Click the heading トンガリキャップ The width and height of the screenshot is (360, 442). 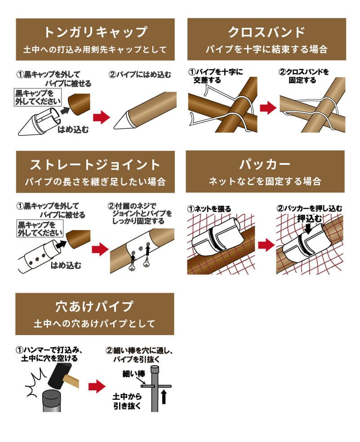pyautogui.click(x=95, y=32)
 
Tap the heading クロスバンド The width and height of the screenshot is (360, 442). pyautogui.click(x=267, y=32)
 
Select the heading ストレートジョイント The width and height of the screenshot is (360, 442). pyautogui.click(x=95, y=164)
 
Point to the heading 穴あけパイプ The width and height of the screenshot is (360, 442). pyautogui.click(x=94, y=306)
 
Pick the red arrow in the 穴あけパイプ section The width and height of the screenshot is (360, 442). pyautogui.click(x=97, y=385)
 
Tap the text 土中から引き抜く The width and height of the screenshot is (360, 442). pyautogui.click(x=128, y=401)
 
